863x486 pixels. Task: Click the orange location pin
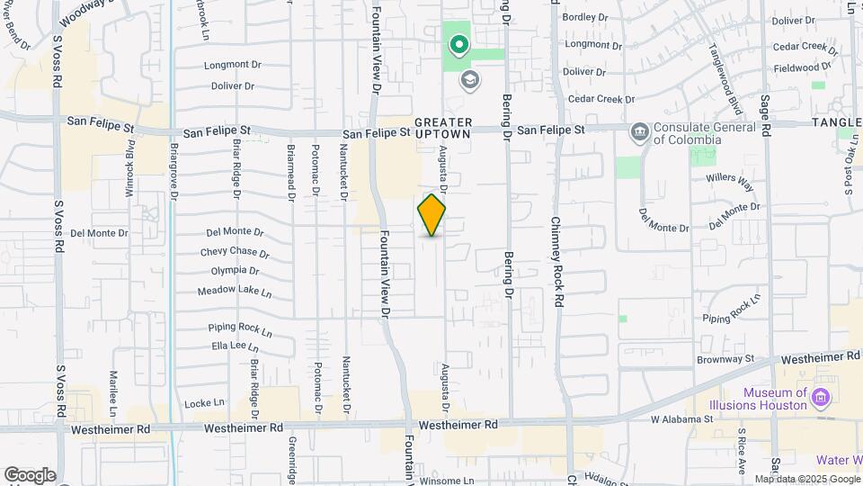click(x=432, y=215)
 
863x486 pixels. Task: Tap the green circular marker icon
click(x=459, y=44)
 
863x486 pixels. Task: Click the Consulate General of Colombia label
click(x=686, y=133)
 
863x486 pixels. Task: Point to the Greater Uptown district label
click(x=443, y=127)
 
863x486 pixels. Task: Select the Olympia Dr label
click(x=235, y=271)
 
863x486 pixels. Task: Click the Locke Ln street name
click(x=204, y=402)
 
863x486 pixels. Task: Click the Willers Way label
click(x=729, y=184)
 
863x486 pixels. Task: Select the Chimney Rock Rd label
click(x=556, y=262)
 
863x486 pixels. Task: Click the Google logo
click(x=30, y=474)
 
